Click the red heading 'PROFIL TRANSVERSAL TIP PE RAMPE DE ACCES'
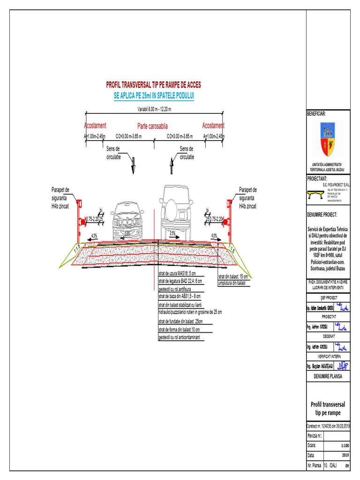coord(154,85)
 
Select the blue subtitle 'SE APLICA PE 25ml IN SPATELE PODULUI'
coord(154,95)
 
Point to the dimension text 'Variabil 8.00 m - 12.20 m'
coord(154,109)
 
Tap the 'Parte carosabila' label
coord(152,126)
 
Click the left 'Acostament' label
coord(95,126)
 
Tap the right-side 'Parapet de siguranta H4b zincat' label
coord(248,198)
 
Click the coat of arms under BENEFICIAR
coord(328,139)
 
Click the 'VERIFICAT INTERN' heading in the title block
coord(328,356)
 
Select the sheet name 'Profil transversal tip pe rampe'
coord(328,408)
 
